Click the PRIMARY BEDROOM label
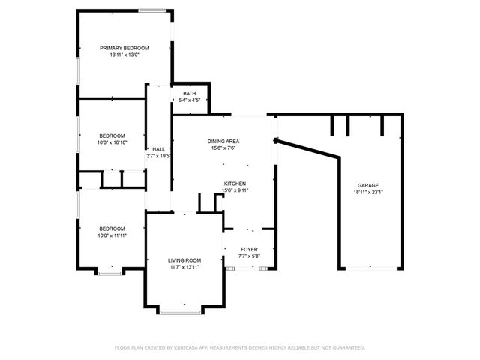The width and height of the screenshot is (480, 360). coord(124,48)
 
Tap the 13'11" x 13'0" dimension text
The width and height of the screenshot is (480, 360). coord(124,55)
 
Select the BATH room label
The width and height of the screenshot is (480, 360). coord(188,93)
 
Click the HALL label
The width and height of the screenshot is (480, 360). coord(158,149)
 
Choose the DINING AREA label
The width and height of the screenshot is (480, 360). coord(223,141)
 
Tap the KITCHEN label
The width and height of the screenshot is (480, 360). coord(235,184)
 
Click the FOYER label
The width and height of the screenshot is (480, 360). coord(249,249)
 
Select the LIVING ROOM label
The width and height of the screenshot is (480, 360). coord(184,260)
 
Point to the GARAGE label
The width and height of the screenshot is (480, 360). coord(367,185)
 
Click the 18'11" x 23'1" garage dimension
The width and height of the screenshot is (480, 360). coord(367,192)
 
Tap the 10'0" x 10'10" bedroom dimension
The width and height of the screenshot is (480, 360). coord(112,142)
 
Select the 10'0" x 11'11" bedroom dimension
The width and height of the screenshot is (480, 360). coord(112,235)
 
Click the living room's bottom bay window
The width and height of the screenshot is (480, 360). coord(180,311)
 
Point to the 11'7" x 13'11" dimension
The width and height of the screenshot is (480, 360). coord(184,267)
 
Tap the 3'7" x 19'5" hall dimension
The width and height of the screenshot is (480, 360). coord(158,156)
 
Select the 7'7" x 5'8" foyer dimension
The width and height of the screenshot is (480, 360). coord(249,256)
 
